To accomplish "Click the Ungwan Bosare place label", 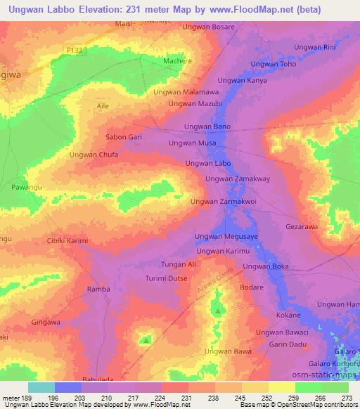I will pyautogui.click(x=208, y=27).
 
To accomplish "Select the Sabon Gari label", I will pyautogui.click(x=124, y=137).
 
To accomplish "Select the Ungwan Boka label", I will pyautogui.click(x=266, y=266).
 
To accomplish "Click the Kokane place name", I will pyautogui.click(x=288, y=316).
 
